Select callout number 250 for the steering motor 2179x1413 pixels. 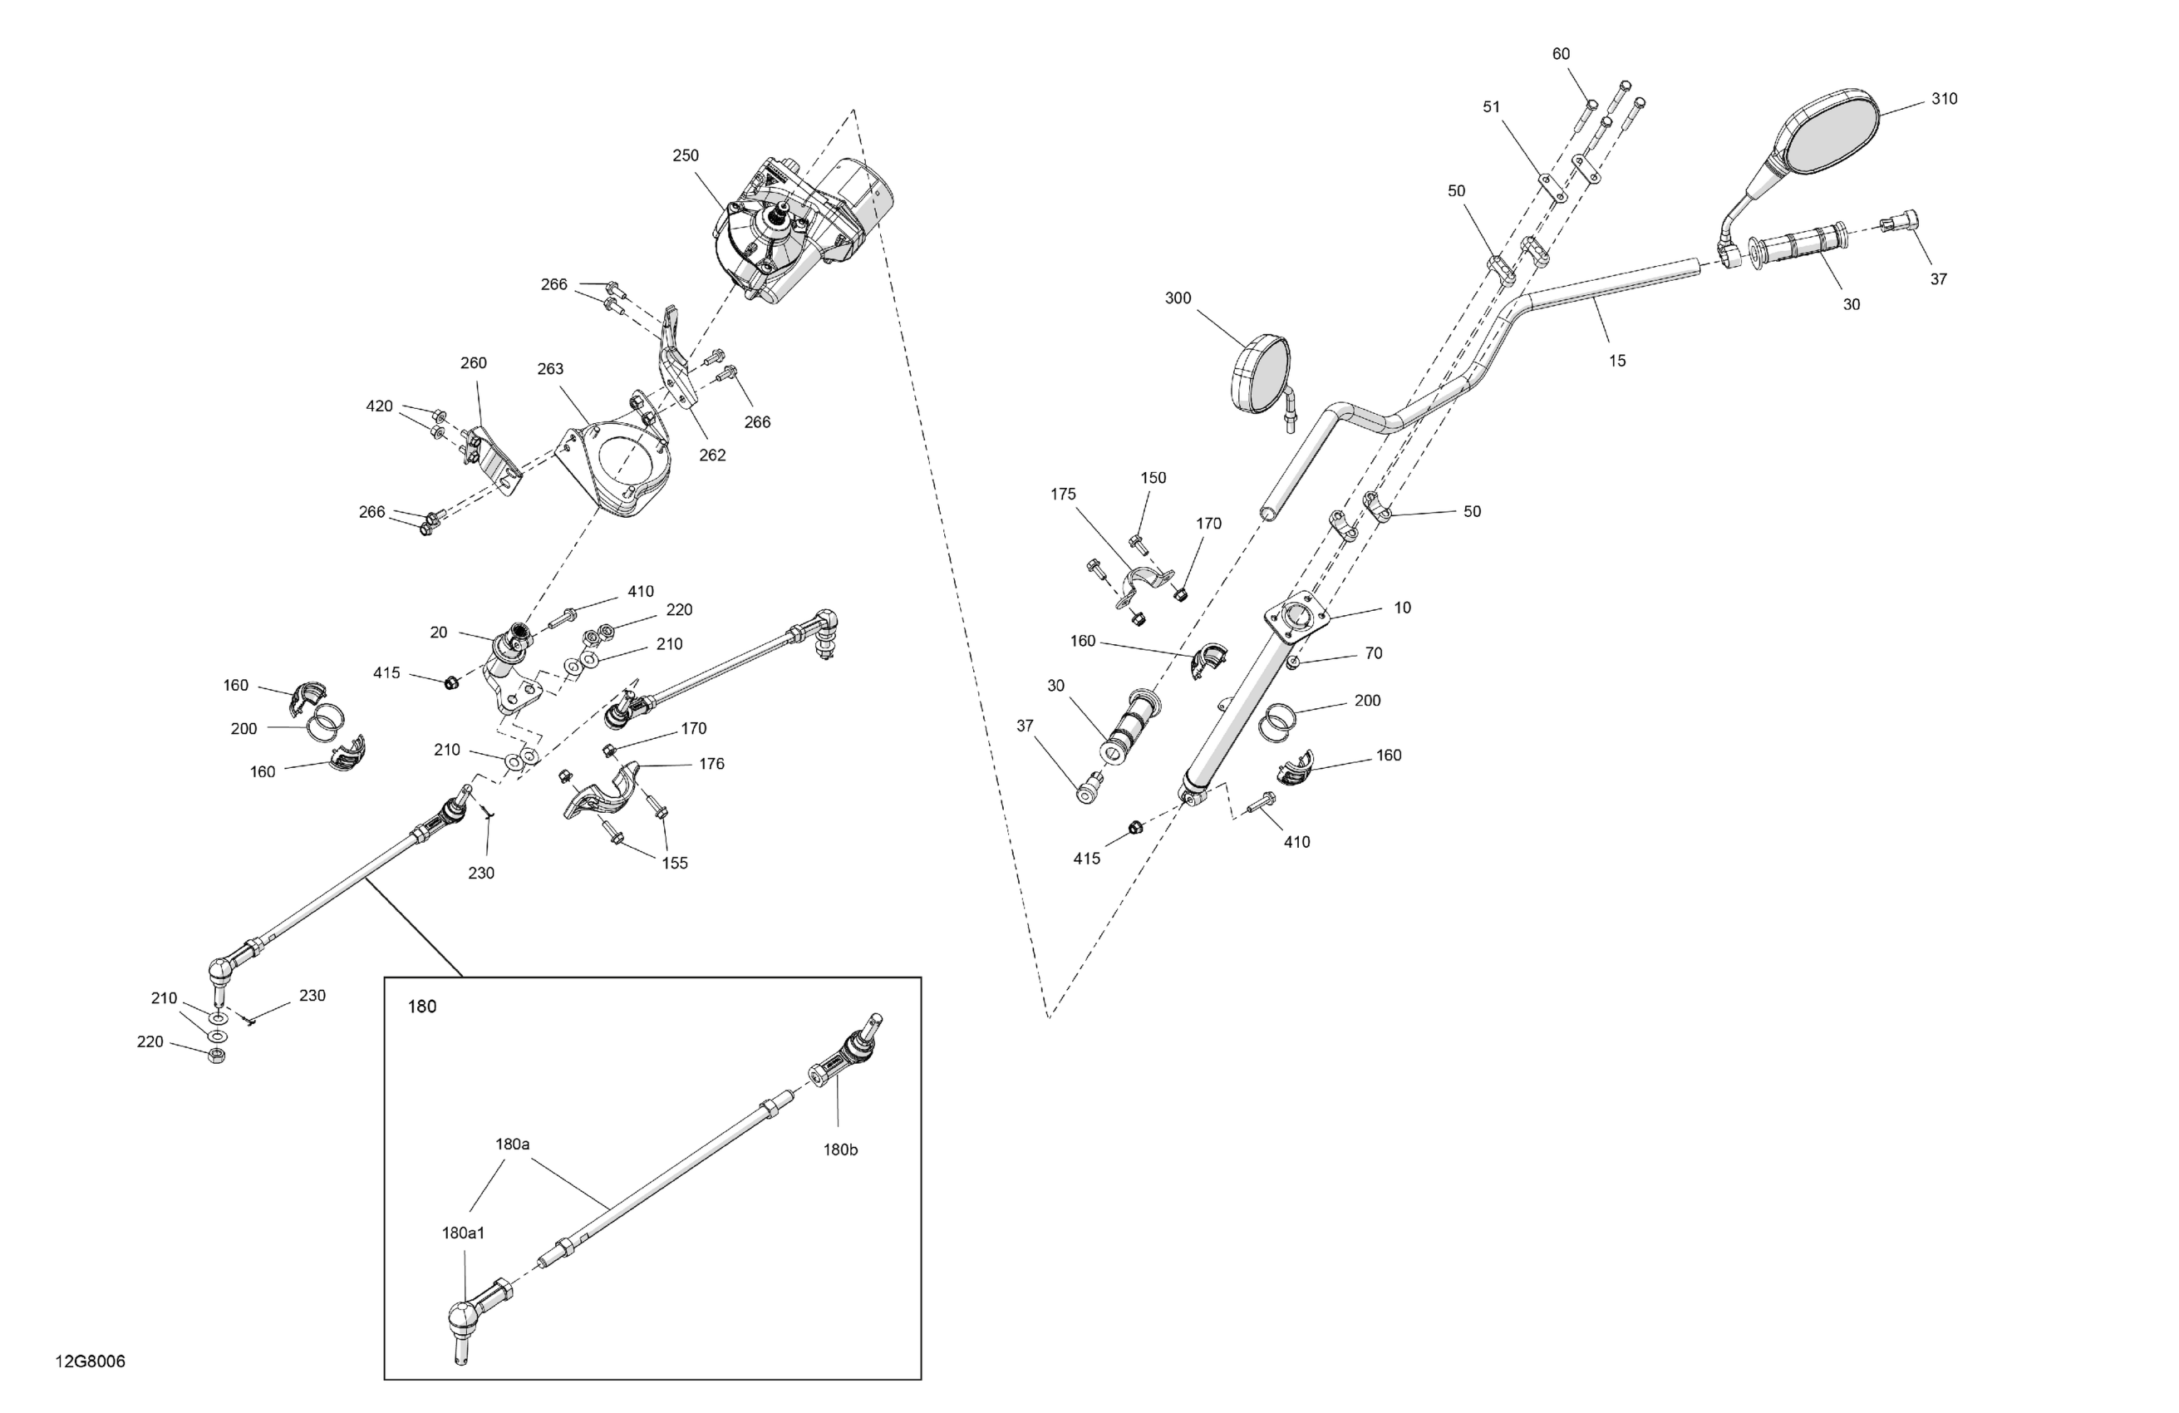pyautogui.click(x=685, y=155)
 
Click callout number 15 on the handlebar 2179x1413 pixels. pyautogui.click(x=1617, y=361)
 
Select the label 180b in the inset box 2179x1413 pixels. pyautogui.click(x=839, y=1150)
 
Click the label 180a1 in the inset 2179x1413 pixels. pyautogui.click(x=463, y=1233)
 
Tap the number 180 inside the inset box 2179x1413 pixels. pyautogui.click(x=421, y=1007)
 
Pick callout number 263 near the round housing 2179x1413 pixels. pyautogui.click(x=549, y=369)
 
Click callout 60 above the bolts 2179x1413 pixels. pyautogui.click(x=1560, y=54)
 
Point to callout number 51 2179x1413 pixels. pyautogui.click(x=1492, y=107)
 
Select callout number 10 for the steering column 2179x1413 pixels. pyautogui.click(x=1402, y=607)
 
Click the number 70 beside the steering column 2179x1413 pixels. pyautogui.click(x=1372, y=653)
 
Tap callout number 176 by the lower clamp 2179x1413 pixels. pyautogui.click(x=711, y=764)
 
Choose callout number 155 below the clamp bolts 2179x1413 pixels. pyautogui.click(x=674, y=863)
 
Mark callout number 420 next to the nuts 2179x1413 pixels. pyautogui.click(x=379, y=406)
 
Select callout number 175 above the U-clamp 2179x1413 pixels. pyautogui.click(x=1062, y=495)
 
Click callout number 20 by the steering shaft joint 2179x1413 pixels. pyautogui.click(x=439, y=632)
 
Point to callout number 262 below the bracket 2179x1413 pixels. pyautogui.click(x=711, y=455)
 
